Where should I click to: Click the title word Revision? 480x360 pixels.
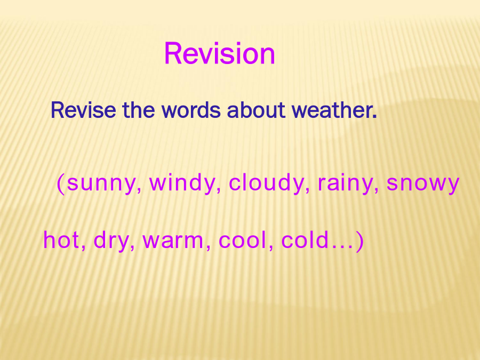click(x=220, y=53)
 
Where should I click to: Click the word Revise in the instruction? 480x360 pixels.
click(x=83, y=110)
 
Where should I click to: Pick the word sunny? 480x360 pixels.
click(x=101, y=183)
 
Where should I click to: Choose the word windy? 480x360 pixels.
click(x=182, y=183)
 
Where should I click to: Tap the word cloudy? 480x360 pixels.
click(x=266, y=183)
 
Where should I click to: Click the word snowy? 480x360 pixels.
click(x=423, y=183)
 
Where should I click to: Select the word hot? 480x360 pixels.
click(x=61, y=240)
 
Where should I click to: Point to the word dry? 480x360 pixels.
click(x=111, y=241)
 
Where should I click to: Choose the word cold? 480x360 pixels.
click(x=305, y=240)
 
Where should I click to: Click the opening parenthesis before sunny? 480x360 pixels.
click(x=61, y=183)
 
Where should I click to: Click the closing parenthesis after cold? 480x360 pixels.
click(x=360, y=241)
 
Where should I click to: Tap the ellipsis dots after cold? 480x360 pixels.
click(x=342, y=247)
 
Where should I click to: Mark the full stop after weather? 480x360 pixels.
click(x=374, y=117)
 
